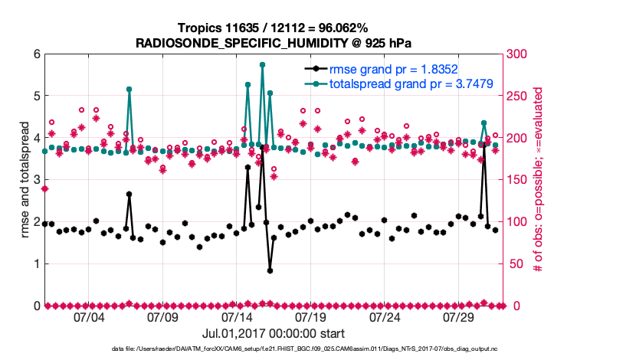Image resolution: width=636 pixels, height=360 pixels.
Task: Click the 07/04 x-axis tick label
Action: point(88,317)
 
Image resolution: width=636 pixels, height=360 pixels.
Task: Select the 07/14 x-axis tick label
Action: point(237,317)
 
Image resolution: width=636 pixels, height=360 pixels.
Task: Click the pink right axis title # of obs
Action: point(539,180)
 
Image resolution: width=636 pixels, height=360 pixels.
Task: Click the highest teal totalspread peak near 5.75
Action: point(262,65)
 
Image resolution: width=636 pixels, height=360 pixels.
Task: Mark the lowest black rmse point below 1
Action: point(270,270)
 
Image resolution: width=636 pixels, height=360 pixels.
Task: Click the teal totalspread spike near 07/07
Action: point(129,90)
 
